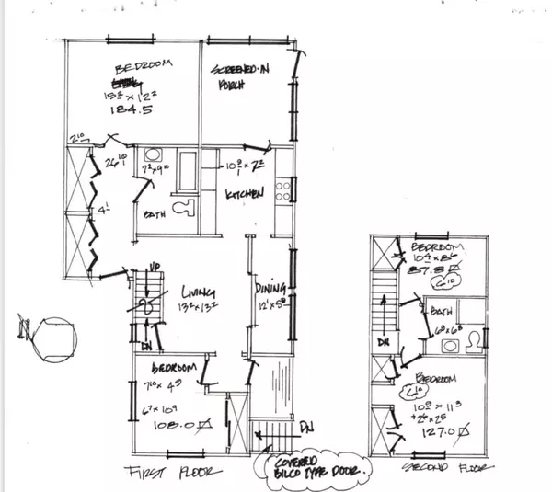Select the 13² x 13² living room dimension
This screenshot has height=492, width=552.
coord(199,304)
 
